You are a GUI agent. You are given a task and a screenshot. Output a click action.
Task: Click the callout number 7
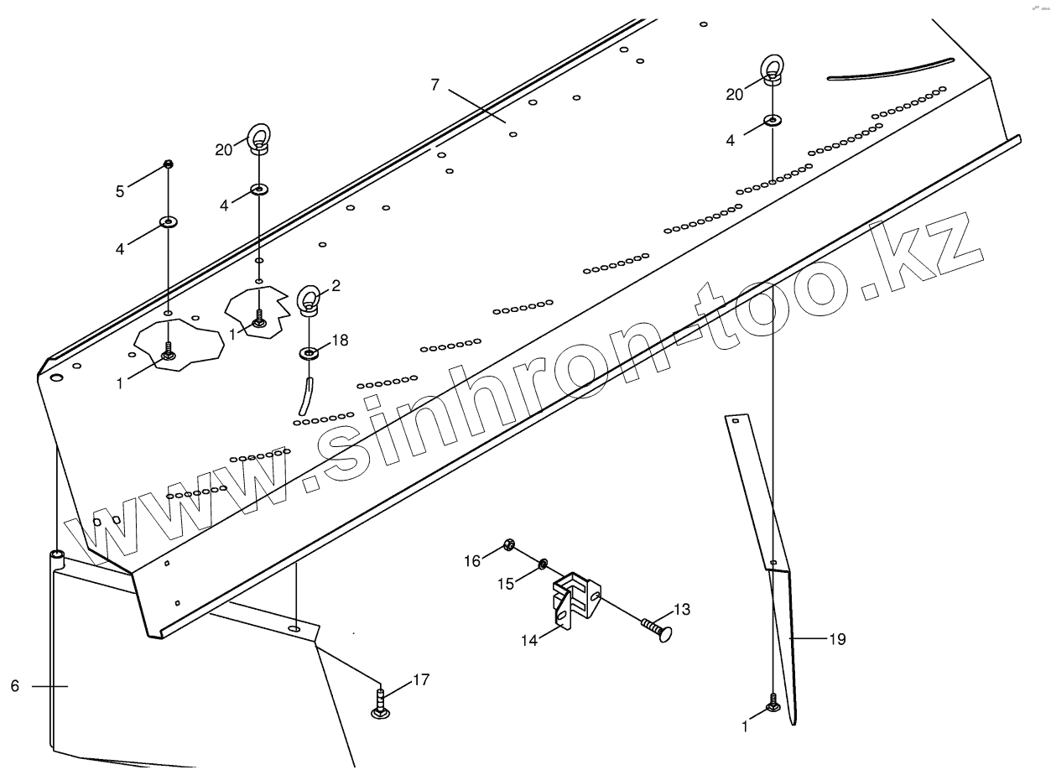(434, 85)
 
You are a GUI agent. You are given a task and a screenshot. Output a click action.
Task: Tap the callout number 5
(120, 191)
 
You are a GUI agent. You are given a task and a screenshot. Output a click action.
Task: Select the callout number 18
(339, 340)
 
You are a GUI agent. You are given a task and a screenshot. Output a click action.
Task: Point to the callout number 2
(336, 286)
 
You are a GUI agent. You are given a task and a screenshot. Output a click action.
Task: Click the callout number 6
(14, 686)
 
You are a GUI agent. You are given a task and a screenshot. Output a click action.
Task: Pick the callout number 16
(473, 560)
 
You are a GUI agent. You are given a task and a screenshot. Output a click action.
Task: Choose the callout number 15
(505, 583)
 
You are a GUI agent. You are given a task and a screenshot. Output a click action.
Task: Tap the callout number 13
(681, 610)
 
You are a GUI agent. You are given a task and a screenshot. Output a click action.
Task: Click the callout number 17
(421, 680)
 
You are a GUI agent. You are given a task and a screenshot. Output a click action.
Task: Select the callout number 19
(837, 640)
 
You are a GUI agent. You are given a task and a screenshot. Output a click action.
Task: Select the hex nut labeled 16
(508, 546)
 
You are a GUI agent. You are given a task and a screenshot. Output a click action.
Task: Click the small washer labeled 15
(543, 563)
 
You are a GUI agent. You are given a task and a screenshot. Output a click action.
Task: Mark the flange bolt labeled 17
(380, 703)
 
